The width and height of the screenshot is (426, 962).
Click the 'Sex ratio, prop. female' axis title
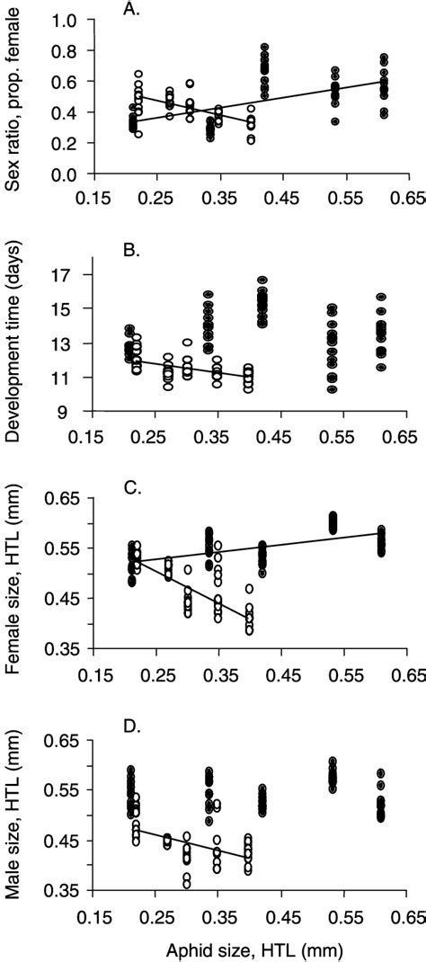(x=15, y=98)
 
